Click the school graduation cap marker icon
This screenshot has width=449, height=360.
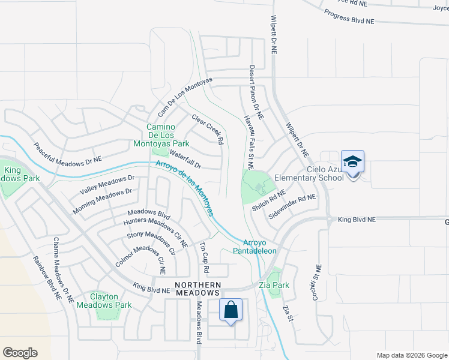353,162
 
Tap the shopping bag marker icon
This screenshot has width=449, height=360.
231,310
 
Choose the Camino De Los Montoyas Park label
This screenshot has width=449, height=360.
168,136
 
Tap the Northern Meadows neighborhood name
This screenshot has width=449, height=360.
197,289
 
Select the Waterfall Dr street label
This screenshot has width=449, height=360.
185,159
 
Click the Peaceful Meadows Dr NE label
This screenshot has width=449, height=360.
68,154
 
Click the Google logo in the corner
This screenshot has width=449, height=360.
20,353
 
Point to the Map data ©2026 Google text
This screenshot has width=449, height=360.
412,355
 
